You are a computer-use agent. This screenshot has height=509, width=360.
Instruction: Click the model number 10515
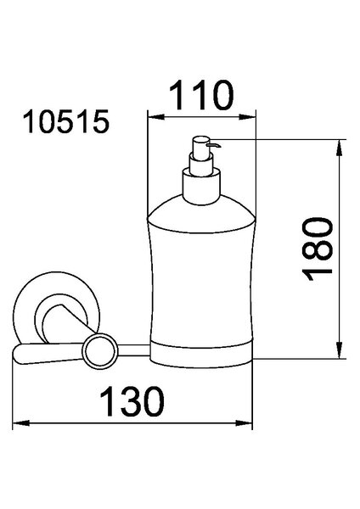pyautogui.click(x=66, y=121)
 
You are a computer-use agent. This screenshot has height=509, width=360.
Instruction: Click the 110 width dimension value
pyautogui.click(x=201, y=95)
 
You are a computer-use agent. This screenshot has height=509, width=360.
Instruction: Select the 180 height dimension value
pyautogui.click(x=318, y=249)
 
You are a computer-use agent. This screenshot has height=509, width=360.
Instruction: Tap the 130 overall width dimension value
pyautogui.click(x=132, y=401)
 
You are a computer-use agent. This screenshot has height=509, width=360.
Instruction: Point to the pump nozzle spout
pyautogui.click(x=215, y=145)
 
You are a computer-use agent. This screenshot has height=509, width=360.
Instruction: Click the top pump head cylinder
pyautogui.click(x=201, y=148)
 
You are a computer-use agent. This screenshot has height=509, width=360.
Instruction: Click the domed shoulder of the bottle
pyautogui.click(x=201, y=215)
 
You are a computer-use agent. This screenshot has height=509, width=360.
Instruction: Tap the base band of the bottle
pyautogui.click(x=201, y=355)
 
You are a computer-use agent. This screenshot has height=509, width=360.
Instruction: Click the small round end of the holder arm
pyautogui.click(x=99, y=351)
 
